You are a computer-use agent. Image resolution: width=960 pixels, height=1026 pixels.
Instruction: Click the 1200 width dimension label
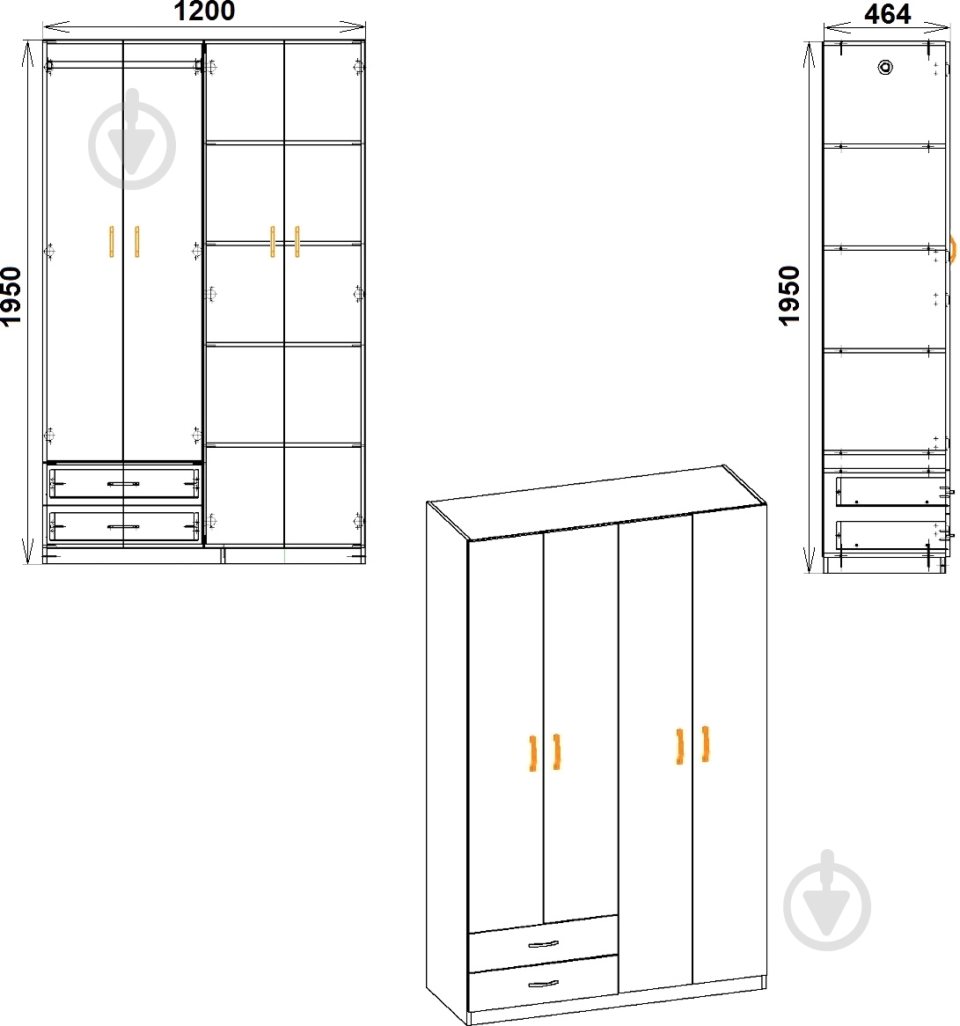(204, 11)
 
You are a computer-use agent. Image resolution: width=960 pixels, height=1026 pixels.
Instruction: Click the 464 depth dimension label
(887, 14)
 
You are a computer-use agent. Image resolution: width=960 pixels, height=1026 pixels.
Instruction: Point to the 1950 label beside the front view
(11, 296)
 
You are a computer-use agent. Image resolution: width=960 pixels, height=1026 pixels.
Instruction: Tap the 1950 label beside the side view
(789, 295)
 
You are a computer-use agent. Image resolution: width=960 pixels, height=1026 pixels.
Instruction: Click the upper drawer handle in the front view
(123, 484)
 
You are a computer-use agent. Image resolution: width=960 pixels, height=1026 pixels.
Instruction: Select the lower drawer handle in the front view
(123, 527)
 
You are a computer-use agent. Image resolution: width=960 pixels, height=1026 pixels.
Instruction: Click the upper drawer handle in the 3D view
(543, 944)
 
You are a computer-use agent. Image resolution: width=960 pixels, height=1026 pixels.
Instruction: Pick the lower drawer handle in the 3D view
(543, 984)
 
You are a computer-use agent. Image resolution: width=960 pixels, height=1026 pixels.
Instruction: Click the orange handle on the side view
(953, 249)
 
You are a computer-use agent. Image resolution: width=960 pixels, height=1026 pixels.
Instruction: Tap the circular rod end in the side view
(885, 67)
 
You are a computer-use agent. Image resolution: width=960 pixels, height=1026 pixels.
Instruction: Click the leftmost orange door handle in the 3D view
(532, 753)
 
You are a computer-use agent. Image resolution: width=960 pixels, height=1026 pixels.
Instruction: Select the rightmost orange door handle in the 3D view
(706, 744)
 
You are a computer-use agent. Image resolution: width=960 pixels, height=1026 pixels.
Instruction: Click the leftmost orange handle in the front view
(111, 241)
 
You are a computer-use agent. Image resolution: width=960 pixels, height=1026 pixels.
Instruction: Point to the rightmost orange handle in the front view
(297, 241)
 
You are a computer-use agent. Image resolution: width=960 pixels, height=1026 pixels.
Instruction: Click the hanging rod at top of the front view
(124, 65)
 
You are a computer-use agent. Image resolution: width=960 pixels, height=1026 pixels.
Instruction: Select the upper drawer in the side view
(891, 491)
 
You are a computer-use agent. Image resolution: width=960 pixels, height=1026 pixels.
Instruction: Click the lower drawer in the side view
(891, 535)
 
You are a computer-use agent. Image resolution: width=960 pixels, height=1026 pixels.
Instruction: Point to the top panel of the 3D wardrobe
(597, 502)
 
